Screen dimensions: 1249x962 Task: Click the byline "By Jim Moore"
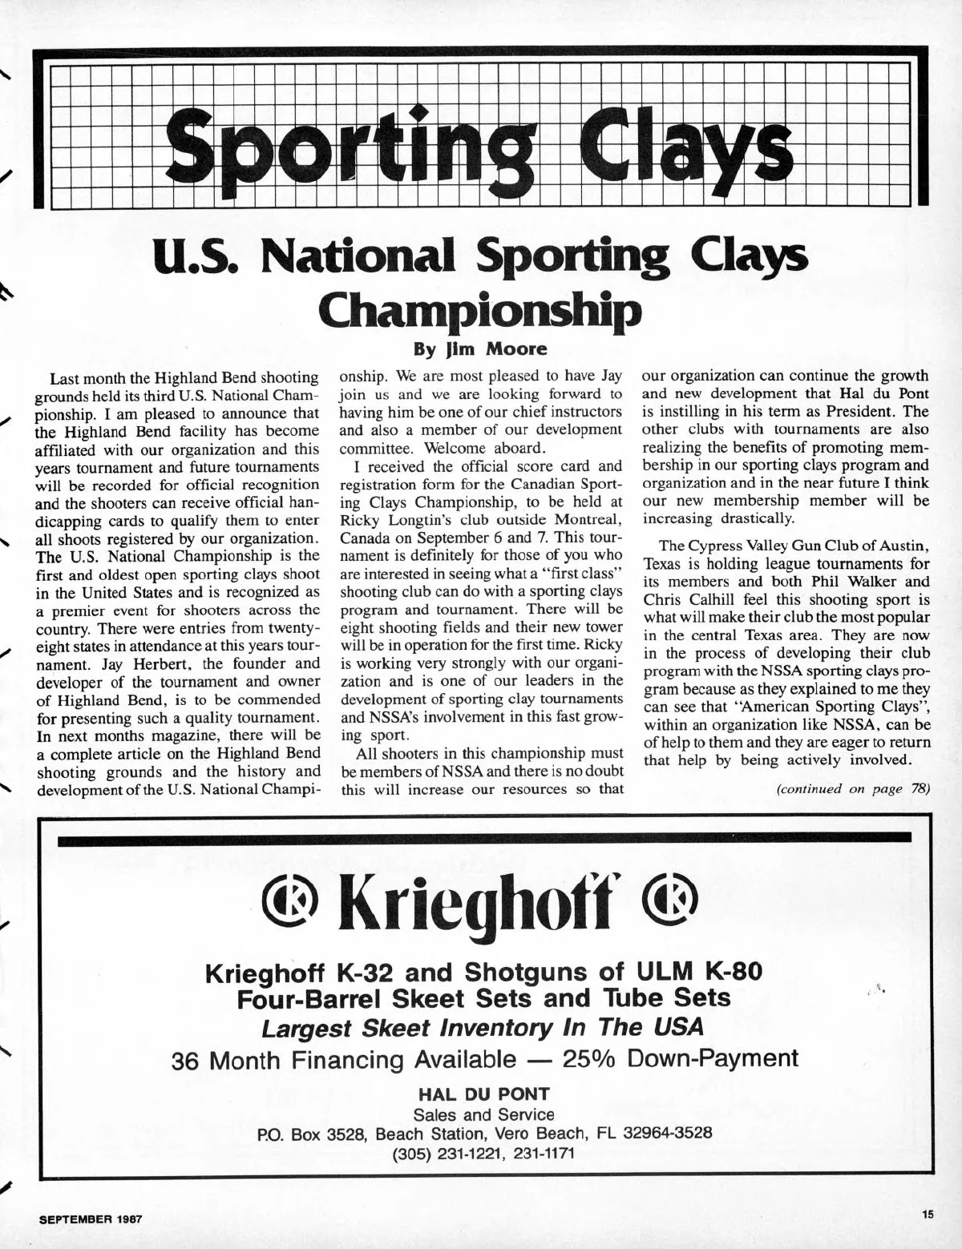480,349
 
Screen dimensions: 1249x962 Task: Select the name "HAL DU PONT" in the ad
480,1094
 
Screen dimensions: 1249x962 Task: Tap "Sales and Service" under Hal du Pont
483,1115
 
